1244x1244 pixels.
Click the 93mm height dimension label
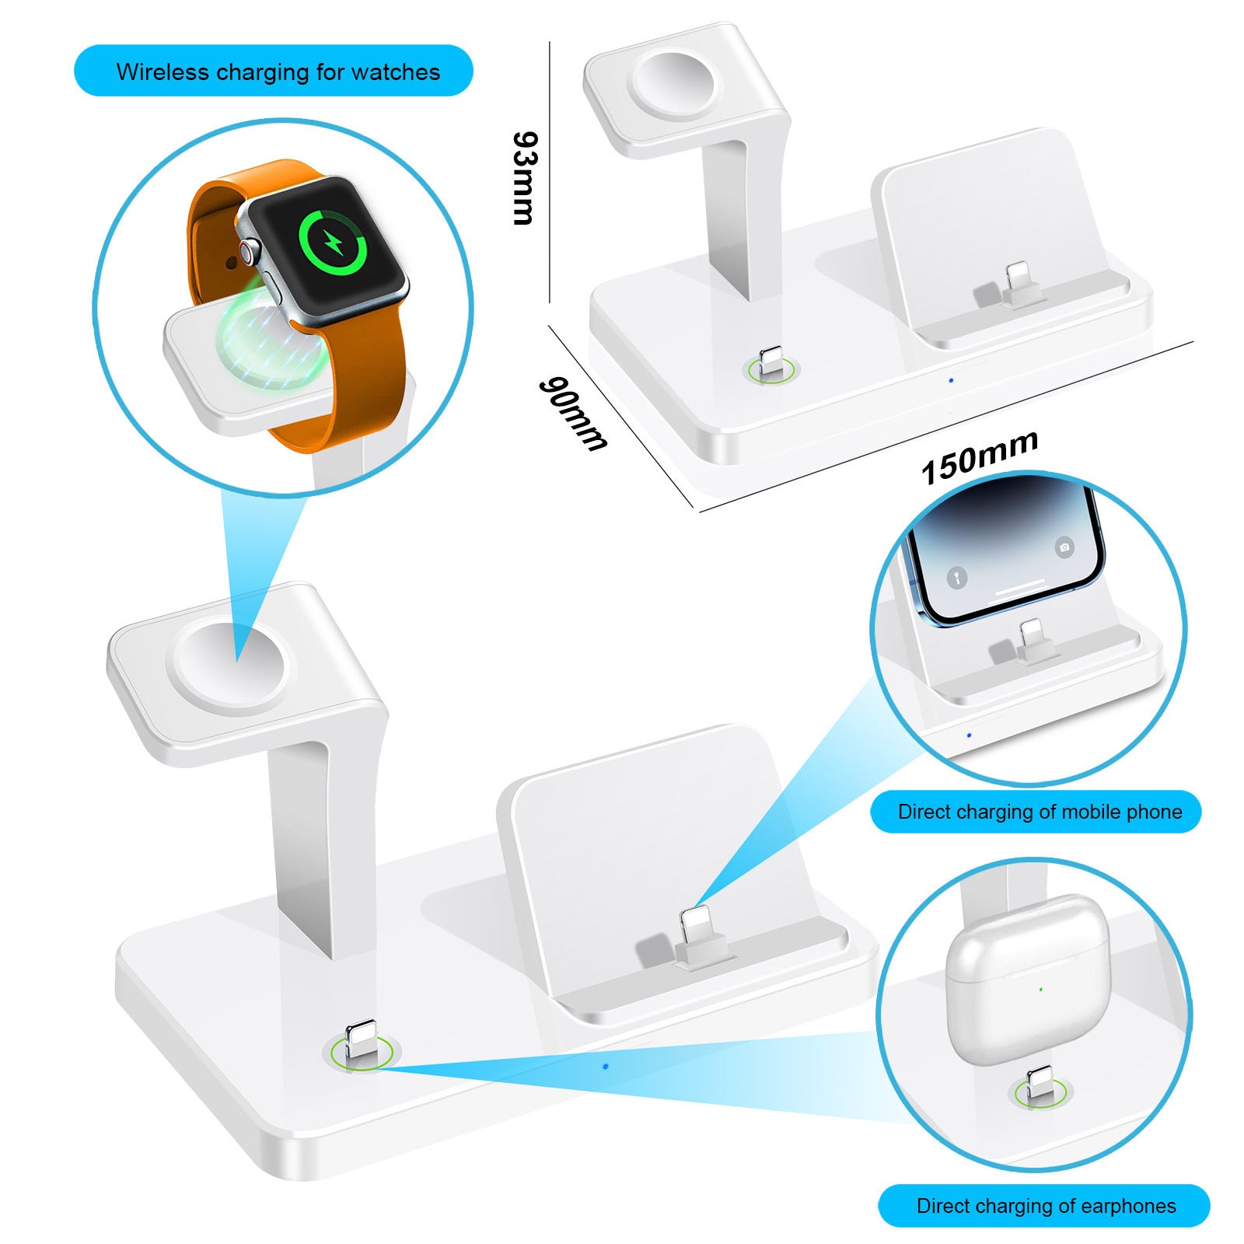[x=524, y=178]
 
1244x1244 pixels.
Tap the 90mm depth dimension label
[x=572, y=413]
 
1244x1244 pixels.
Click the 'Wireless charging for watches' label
[x=278, y=72]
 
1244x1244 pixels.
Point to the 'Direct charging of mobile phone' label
[x=1039, y=812]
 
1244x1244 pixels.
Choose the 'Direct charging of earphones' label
[x=1046, y=1206]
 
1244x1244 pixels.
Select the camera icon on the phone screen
[x=1064, y=547]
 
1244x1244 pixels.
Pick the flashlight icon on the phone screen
[x=957, y=578]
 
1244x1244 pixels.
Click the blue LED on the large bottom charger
[x=606, y=1066]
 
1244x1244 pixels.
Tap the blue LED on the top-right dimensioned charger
[x=951, y=380]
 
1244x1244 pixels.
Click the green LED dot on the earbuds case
[x=1040, y=990]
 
